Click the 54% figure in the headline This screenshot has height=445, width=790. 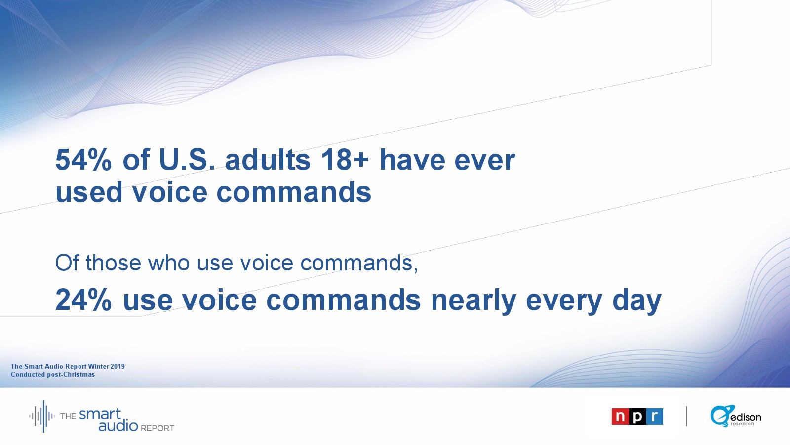83,160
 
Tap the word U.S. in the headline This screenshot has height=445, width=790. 187,160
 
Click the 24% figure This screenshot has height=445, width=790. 83,300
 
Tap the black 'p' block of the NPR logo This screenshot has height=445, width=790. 637,417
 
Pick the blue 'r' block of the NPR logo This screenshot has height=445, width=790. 655,417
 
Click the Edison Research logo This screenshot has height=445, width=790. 735,416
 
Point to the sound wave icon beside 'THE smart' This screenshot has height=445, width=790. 42,416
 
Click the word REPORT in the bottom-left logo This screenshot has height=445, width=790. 158,428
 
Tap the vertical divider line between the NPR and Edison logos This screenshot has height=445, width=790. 687,416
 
